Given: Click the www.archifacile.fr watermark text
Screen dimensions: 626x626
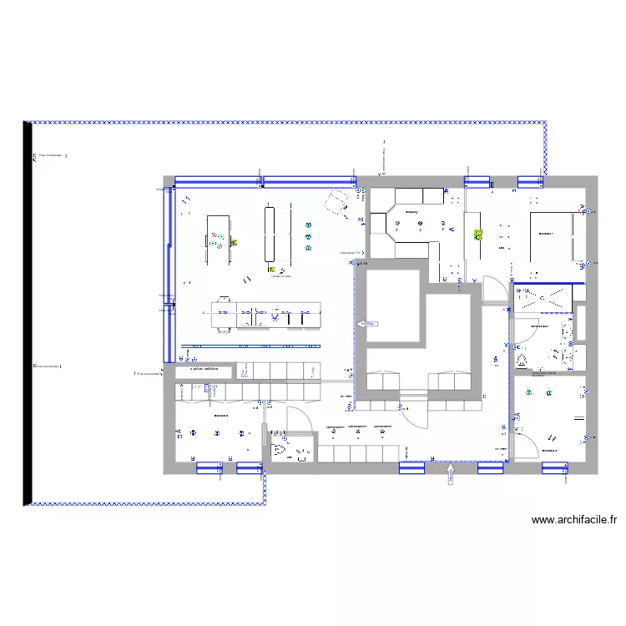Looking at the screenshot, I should [x=575, y=520].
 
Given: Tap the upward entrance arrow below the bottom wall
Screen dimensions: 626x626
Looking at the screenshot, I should [x=451, y=476].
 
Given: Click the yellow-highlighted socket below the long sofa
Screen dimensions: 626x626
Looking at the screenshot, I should [x=271, y=270].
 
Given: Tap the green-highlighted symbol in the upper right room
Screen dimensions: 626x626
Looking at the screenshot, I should [x=478, y=235].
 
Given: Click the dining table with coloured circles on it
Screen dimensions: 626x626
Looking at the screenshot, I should [x=219, y=240].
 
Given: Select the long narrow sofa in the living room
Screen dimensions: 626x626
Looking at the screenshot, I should [x=270, y=235].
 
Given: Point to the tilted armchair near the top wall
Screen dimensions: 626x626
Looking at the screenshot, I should [x=338, y=200].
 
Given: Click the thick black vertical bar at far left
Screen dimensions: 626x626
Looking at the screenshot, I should [x=28, y=313].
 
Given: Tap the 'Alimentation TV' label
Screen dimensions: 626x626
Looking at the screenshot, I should [x=351, y=253].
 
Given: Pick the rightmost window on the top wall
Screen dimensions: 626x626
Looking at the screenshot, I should [x=531, y=181].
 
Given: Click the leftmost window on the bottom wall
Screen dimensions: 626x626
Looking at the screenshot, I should [x=209, y=468].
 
